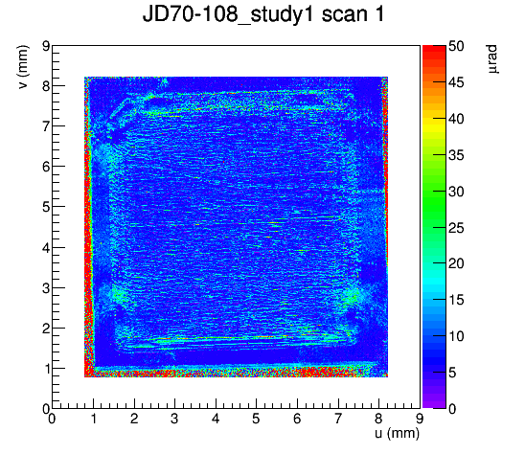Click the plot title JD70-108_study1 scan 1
coord(263,14)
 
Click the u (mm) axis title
coord(397,433)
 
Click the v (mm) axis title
coord(23,67)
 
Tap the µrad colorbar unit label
coord(492,59)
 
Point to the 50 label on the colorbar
coord(456,46)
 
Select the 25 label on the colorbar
coord(456,228)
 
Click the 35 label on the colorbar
coord(456,155)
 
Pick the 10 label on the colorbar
coord(456,336)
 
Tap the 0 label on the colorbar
coord(452,408)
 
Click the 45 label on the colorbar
coord(456,82)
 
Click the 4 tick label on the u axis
coord(216,419)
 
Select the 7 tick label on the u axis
coord(338,419)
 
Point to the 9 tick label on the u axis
coord(420,419)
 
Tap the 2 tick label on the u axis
coord(134,419)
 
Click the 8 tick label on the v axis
coord(46,86)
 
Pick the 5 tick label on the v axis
coord(46,207)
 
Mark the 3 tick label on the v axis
coord(46,288)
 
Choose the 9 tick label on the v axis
coord(46,46)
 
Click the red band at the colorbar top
coord(434,49)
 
